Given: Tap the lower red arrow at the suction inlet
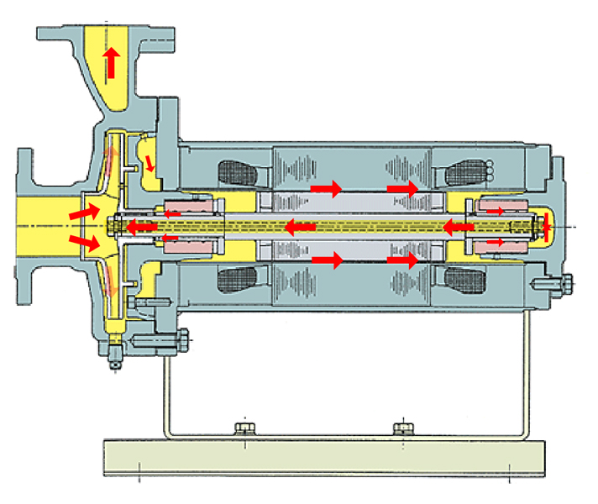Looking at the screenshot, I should tap(82, 243).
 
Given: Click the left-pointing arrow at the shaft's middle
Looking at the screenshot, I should tap(298, 226).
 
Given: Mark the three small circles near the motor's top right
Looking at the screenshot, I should tap(488, 169).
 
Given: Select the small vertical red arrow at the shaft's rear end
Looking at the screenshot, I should tap(546, 226).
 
